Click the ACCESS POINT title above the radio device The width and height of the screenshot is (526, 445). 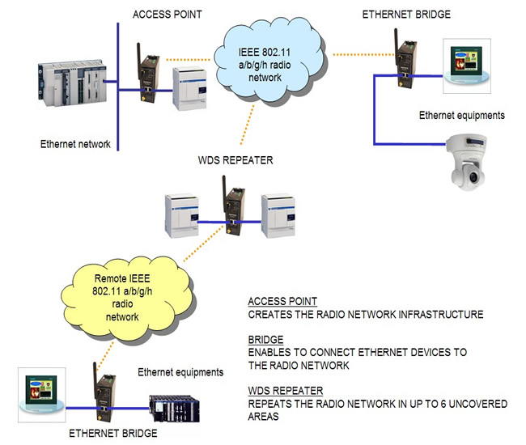coord(167,15)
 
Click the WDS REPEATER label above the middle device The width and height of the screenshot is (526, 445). coord(235,160)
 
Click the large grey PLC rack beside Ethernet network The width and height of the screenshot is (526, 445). coord(72,84)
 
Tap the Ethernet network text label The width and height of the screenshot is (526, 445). coord(75,144)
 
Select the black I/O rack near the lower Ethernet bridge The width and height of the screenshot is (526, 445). coord(174,408)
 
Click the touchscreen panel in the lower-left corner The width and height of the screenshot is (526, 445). coord(41,395)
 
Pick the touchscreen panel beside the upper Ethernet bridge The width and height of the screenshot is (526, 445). coord(467,66)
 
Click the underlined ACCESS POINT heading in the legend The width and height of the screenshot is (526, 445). coord(282,302)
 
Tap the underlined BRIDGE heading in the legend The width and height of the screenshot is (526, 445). coord(265,340)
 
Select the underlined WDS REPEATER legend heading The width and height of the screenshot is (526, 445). coord(286,391)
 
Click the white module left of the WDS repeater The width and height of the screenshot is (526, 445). coord(182,216)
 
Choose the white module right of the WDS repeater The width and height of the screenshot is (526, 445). coord(278,216)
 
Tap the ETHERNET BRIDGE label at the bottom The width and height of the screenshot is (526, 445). coord(113,433)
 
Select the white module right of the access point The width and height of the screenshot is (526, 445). coord(190,89)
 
